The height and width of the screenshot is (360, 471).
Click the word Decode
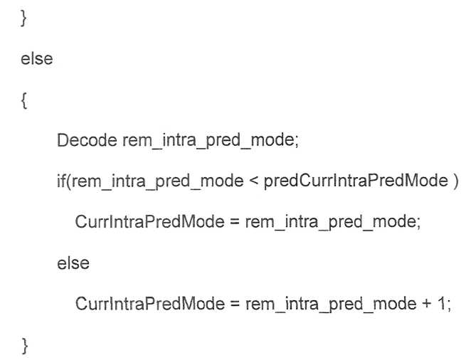click(87, 140)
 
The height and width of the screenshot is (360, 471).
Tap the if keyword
click(60, 181)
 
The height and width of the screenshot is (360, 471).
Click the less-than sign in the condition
click(253, 181)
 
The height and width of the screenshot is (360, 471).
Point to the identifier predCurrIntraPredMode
click(356, 181)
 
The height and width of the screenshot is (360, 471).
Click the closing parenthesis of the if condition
click(455, 181)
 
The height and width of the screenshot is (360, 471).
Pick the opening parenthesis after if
click(68, 181)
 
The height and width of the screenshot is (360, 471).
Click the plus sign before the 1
click(427, 304)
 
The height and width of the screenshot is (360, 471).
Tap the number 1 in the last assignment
click(442, 303)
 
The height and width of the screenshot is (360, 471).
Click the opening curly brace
click(24, 100)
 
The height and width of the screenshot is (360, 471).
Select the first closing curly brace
click(23, 18)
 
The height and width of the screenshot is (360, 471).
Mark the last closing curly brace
click(25, 346)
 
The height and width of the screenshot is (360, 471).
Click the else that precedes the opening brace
click(37, 58)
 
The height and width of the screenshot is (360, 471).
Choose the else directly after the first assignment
click(73, 263)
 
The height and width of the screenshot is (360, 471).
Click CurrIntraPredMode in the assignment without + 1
click(150, 222)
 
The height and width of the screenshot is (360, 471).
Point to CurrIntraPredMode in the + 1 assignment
click(150, 304)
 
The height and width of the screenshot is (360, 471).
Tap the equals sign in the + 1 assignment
click(235, 304)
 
